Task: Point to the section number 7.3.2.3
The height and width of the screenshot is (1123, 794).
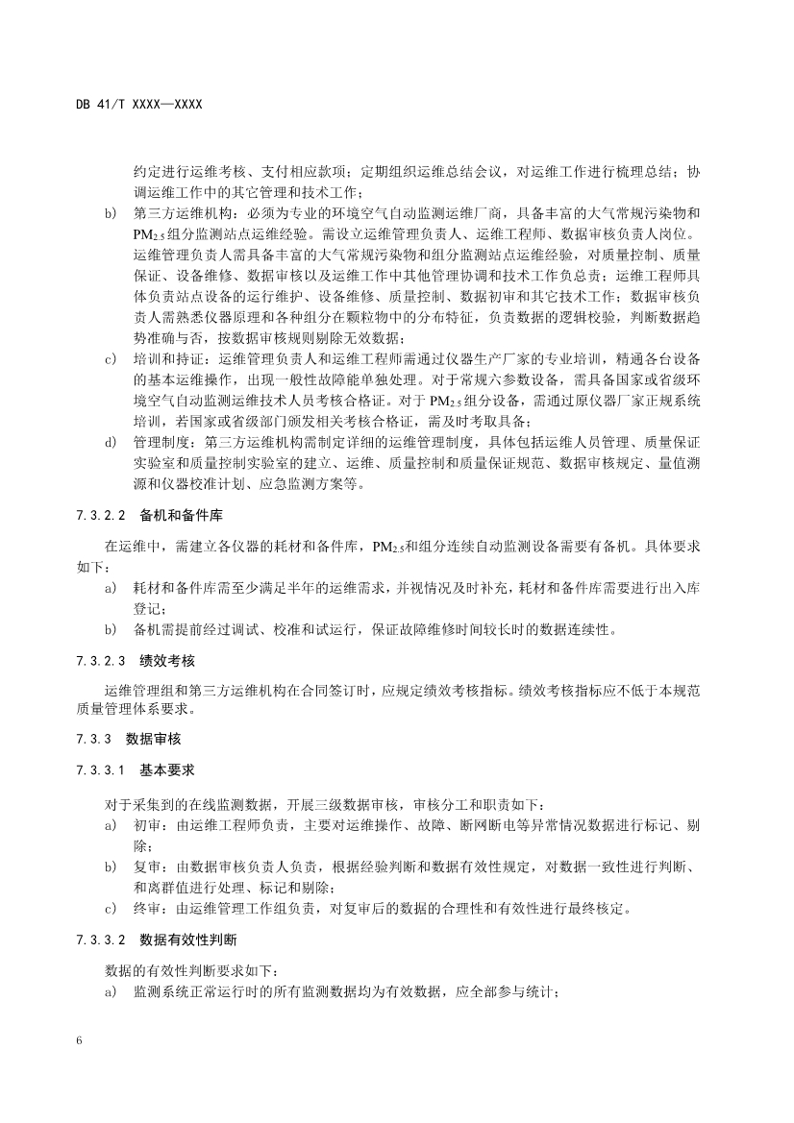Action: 101,662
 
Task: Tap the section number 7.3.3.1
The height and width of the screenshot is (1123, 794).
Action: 101,771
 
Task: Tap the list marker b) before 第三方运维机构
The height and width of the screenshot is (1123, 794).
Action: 110,211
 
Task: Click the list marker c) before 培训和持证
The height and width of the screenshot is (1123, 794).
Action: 110,359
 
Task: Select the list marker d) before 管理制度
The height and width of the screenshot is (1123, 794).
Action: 110,443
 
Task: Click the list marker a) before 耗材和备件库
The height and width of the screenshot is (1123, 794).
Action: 110,588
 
